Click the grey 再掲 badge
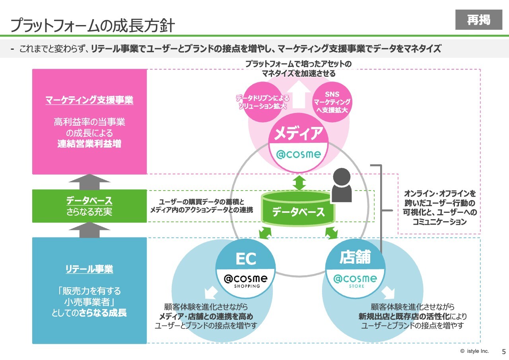tap(479, 19)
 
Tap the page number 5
tap(503, 352)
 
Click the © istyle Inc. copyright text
tap(474, 351)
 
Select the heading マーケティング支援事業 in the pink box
tap(89, 100)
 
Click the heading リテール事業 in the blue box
tap(89, 269)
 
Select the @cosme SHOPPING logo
tap(246, 280)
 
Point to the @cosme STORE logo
tap(355, 280)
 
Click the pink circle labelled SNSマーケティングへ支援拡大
tap(332, 102)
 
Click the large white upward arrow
tap(299, 96)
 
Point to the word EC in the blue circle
tap(246, 259)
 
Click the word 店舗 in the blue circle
tap(355, 257)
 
